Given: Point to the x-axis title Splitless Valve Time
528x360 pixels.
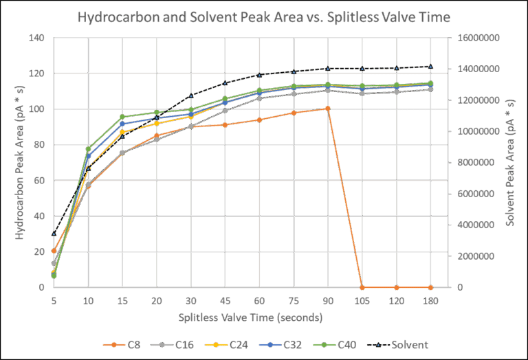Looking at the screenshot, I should (251, 318).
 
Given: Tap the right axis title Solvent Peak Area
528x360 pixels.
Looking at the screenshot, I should (511, 163).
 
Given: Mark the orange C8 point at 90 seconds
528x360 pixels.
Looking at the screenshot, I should (328, 109).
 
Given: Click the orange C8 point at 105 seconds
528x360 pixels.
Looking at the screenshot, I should (362, 287).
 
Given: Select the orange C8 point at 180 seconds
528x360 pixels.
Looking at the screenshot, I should (430, 287).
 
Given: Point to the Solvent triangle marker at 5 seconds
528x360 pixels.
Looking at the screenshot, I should (54, 234).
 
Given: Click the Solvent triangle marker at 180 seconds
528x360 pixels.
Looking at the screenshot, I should (430, 67).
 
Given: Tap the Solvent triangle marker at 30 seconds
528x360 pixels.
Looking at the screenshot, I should (191, 95).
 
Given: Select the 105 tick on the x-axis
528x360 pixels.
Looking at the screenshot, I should (362, 300).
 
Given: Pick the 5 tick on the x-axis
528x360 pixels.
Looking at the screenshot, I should (54, 300).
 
